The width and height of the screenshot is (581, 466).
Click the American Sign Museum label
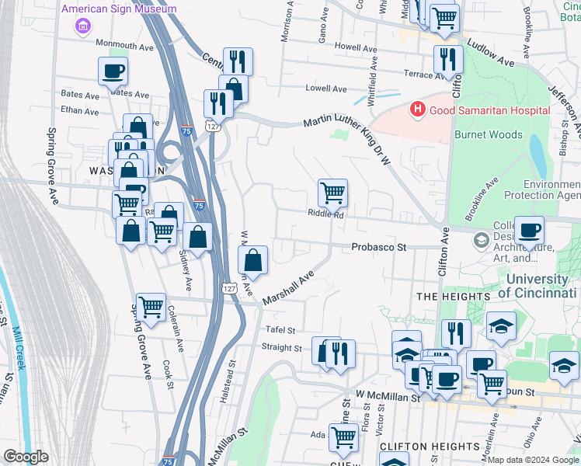(118, 9)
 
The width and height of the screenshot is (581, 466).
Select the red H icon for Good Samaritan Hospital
(418, 110)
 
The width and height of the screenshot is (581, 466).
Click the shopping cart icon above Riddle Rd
(332, 192)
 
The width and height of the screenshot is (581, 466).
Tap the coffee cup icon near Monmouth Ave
(113, 71)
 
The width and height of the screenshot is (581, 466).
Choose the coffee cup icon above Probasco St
(529, 230)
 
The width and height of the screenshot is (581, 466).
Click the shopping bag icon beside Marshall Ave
(253, 259)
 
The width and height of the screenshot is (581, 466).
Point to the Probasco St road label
(379, 247)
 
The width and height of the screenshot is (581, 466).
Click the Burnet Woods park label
(486, 134)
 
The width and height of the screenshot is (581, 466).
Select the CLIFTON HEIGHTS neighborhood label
(420, 447)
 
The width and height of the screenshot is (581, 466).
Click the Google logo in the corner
(26, 457)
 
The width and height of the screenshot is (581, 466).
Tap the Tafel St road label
(280, 330)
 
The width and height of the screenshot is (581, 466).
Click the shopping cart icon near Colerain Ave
(150, 307)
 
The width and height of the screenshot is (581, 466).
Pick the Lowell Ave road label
(325, 89)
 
